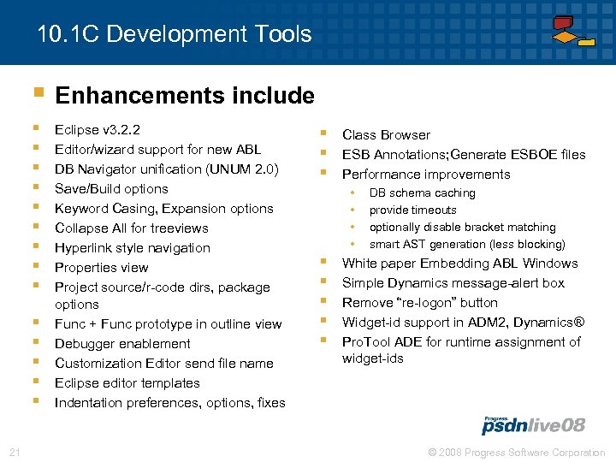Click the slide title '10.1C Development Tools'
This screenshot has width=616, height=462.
[175, 35]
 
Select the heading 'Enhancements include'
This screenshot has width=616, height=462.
[185, 95]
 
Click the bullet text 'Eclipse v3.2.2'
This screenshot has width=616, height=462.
[98, 130]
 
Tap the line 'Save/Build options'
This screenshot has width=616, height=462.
[111, 189]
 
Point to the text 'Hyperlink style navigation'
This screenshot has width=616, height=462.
[132, 248]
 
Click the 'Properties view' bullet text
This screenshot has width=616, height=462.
[101, 268]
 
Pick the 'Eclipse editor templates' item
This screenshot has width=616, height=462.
[127, 383]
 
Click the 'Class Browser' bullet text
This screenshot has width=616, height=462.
[386, 135]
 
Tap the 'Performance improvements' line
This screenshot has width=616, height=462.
[426, 175]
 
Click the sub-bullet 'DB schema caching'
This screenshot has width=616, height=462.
[422, 193]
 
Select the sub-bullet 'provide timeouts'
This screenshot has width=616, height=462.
[412, 210]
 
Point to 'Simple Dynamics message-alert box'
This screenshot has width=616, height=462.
[453, 283]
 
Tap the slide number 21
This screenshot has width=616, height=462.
[14, 452]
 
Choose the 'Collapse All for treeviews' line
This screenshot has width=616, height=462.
[131, 228]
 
